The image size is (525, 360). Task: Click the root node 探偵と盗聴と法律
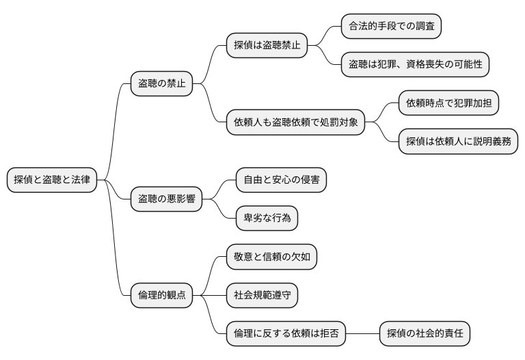[51, 180]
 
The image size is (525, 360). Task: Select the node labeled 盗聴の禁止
[161, 84]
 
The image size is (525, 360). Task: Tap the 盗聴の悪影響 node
[166, 199]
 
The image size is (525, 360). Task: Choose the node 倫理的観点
[161, 296]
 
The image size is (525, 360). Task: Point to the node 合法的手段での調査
[391, 27]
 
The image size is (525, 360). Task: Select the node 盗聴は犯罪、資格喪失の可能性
[416, 65]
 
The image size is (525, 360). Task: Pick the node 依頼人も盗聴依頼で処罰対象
[295, 123]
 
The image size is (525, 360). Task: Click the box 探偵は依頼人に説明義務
[458, 142]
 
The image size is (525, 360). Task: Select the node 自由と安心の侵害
[281, 180]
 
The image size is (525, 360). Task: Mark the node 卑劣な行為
[267, 219]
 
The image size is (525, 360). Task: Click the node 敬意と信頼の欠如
[271, 258]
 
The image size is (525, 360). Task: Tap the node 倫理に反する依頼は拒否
[286, 334]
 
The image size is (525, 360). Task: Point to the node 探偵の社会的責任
[425, 334]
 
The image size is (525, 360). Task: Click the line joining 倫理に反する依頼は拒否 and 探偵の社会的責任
[362, 334]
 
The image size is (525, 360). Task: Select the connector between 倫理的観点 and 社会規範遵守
[209, 296]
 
